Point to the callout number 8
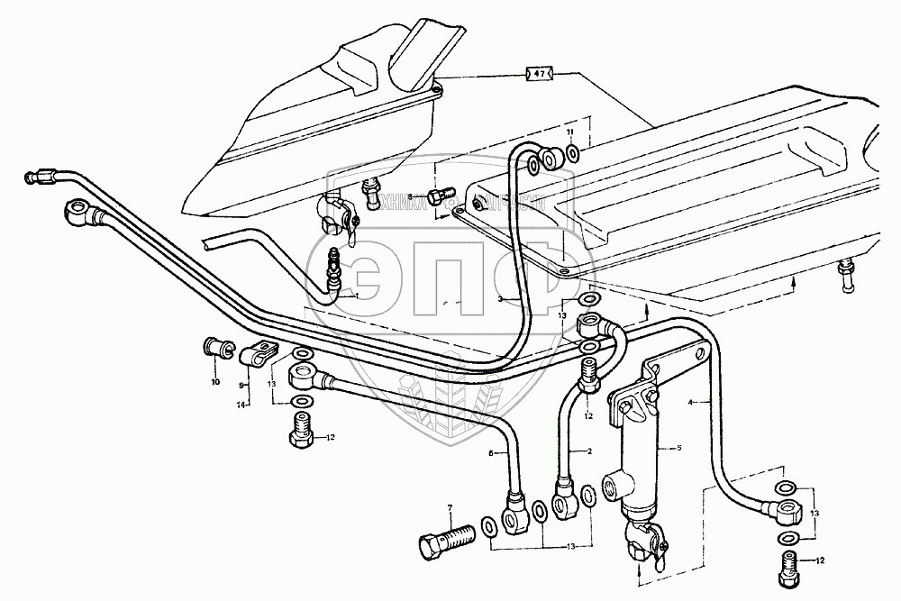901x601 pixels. [409, 196]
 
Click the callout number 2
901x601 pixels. [588, 451]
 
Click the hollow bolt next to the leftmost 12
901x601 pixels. [302, 433]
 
